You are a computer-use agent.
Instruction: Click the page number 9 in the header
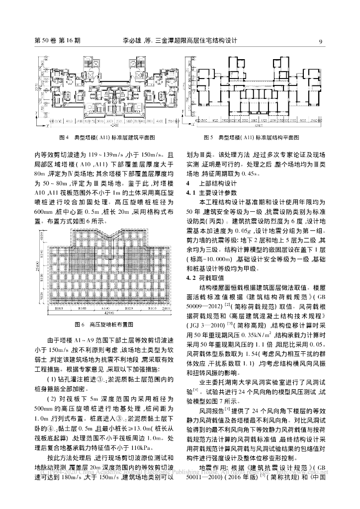(x=321, y=41)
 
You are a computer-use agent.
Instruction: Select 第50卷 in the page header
(x=45, y=41)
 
